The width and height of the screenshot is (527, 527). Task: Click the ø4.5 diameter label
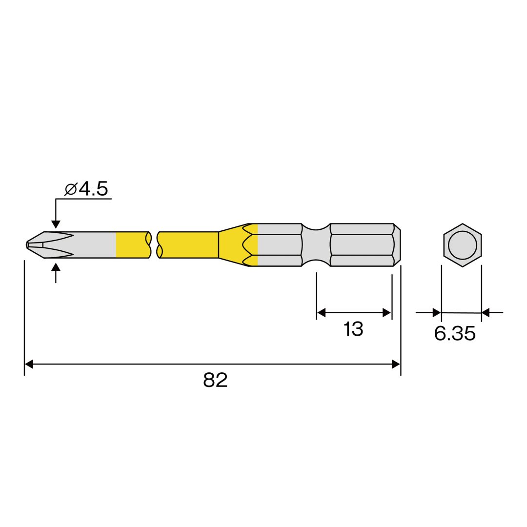click(86, 189)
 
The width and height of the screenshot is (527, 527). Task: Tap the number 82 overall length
click(215, 380)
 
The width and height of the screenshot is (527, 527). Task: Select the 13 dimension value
click(353, 329)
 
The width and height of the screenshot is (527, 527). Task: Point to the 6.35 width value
click(455, 333)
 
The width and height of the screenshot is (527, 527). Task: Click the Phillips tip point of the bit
click(27, 245)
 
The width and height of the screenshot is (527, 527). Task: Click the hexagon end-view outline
click(463, 224)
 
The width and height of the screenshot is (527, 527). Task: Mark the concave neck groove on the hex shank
click(316, 245)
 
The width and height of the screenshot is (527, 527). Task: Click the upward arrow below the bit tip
click(56, 273)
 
